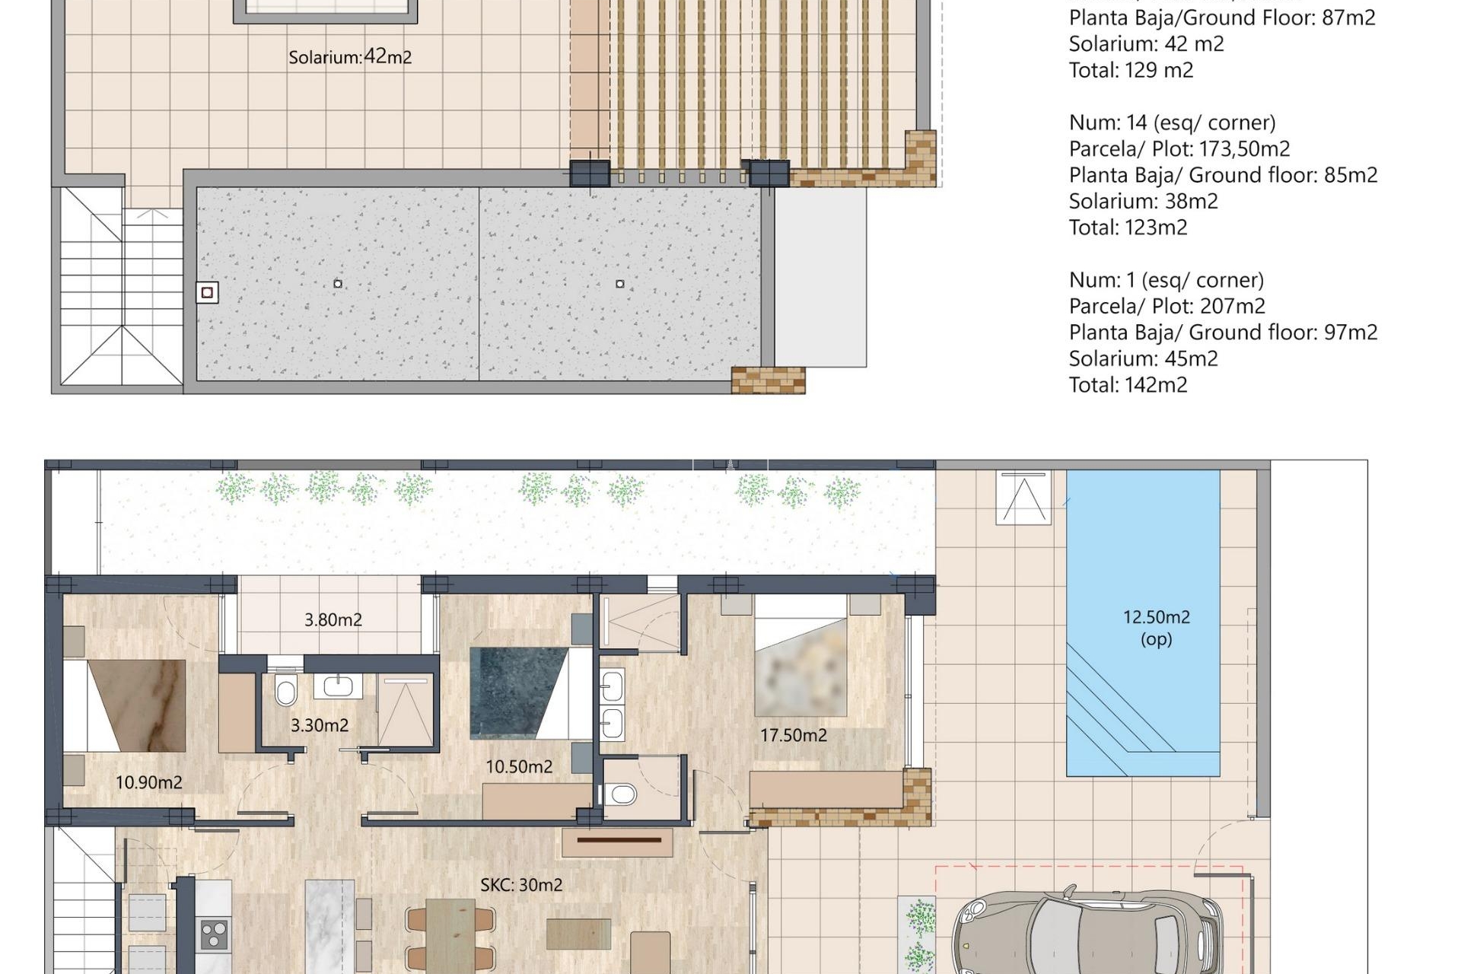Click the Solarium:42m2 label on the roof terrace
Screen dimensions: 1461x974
pyautogui.click(x=350, y=57)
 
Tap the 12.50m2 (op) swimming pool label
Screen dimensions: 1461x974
pyautogui.click(x=1157, y=628)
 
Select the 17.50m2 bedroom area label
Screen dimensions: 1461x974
pyautogui.click(x=794, y=735)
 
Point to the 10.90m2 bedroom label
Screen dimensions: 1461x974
pyautogui.click(x=149, y=782)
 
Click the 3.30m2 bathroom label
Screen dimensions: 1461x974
pyautogui.click(x=320, y=725)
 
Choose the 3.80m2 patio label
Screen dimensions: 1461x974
pyautogui.click(x=333, y=619)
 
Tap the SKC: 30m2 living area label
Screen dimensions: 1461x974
pyautogui.click(x=521, y=885)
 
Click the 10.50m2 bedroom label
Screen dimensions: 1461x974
pyautogui.click(x=519, y=767)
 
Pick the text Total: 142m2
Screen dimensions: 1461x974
pyautogui.click(x=1128, y=384)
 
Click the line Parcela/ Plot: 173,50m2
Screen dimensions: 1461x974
pyautogui.click(x=1179, y=148)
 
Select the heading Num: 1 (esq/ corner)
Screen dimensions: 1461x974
pyautogui.click(x=1167, y=280)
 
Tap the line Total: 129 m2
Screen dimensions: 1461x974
pyautogui.click(x=1131, y=70)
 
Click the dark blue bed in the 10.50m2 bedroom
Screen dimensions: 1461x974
pyautogui.click(x=530, y=692)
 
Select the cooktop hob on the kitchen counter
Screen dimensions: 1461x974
pyautogui.click(x=214, y=934)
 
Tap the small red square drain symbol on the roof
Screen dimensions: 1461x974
pyautogui.click(x=207, y=292)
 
